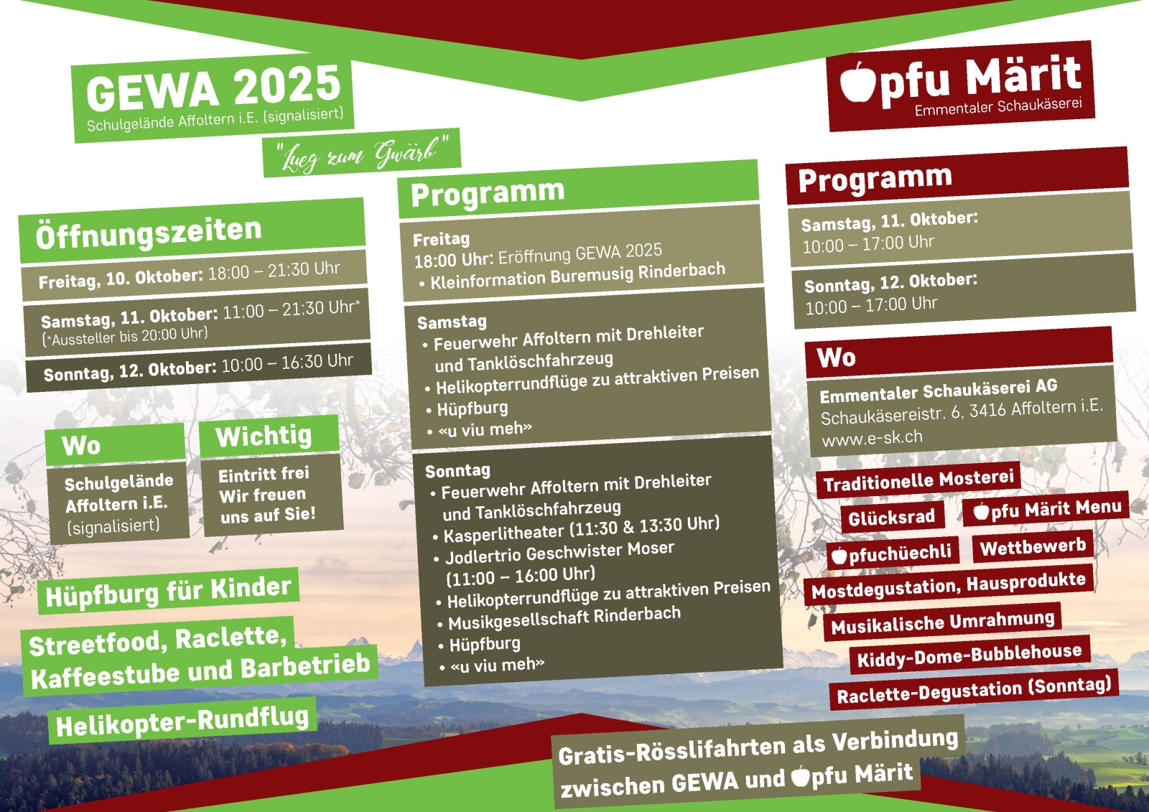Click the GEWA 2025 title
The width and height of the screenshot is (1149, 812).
coord(213,87)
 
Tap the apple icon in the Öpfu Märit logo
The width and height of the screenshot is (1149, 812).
coord(857,82)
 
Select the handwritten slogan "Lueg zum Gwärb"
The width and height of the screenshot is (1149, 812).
coord(362,153)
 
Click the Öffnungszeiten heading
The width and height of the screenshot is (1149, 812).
coord(149,233)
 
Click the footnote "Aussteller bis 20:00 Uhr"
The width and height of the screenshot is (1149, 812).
coord(125,337)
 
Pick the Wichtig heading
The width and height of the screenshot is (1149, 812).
coord(264,436)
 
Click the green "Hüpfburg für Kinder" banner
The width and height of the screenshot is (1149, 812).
coord(168,591)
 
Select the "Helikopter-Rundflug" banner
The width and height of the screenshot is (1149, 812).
coord(182,721)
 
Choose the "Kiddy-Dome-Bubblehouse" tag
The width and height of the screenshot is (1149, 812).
coord(969,655)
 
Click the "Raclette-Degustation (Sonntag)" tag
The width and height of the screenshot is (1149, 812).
coord(974,690)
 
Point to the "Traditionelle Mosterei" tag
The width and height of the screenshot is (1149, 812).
coord(918,480)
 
